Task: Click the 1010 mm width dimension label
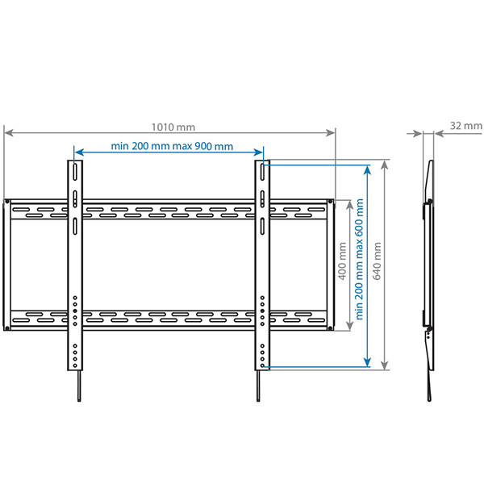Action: click(173, 127)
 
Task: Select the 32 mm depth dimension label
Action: click(465, 126)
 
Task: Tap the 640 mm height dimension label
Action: click(378, 261)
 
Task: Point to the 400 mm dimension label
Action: click(342, 261)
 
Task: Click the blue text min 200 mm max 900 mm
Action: click(172, 146)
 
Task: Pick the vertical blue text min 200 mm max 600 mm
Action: click(359, 259)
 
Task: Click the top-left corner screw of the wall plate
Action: click(6, 202)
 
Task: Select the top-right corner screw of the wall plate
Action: click(331, 202)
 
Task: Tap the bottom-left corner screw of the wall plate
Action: click(6, 328)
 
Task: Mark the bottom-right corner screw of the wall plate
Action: click(331, 328)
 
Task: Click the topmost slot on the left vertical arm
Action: click(75, 172)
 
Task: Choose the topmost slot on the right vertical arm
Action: click(262, 172)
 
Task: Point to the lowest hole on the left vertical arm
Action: click(75, 365)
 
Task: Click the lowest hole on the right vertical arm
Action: click(262, 365)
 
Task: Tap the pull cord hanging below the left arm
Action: click(79, 386)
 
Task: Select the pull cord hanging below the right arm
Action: click(258, 386)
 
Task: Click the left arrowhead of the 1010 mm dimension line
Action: click(8, 133)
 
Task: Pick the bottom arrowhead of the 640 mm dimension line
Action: click(384, 365)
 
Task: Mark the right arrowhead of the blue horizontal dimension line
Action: click(258, 152)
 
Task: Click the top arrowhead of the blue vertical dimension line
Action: click(367, 170)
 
